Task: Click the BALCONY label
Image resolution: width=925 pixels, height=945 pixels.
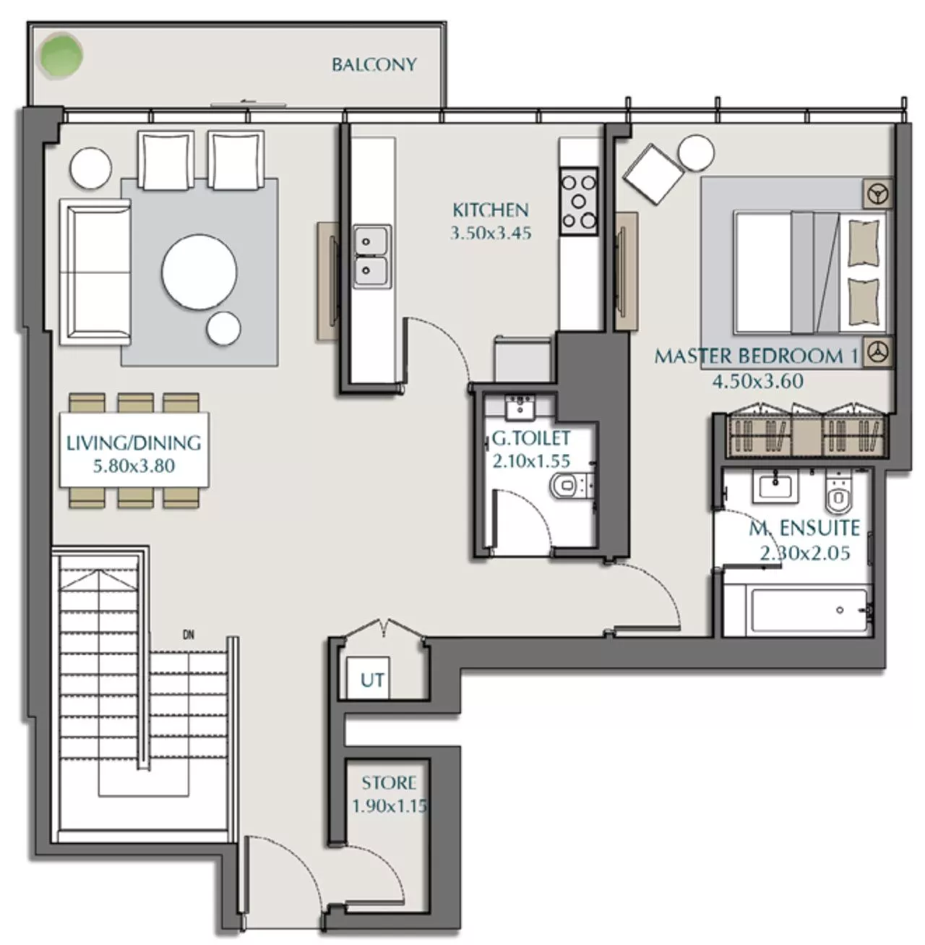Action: (x=374, y=64)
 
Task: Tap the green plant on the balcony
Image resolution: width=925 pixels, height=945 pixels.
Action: (x=61, y=54)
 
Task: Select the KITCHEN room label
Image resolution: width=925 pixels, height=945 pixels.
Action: (x=490, y=210)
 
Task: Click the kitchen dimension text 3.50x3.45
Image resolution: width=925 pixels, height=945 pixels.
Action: (x=490, y=234)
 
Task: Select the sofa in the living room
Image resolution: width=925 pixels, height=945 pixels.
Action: (x=99, y=271)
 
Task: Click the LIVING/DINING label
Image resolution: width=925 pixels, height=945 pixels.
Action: (x=134, y=442)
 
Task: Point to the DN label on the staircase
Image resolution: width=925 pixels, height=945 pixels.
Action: (x=189, y=636)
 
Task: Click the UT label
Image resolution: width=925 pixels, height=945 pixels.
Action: (x=372, y=680)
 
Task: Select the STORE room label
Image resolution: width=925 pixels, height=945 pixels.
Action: (x=389, y=782)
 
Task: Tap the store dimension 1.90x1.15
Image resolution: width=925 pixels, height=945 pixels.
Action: (x=389, y=805)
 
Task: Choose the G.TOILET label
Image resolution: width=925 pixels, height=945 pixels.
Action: (x=531, y=438)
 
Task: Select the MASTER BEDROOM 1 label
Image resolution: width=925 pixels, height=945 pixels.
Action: (x=755, y=356)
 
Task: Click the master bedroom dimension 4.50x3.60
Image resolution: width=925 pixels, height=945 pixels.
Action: (x=757, y=381)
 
